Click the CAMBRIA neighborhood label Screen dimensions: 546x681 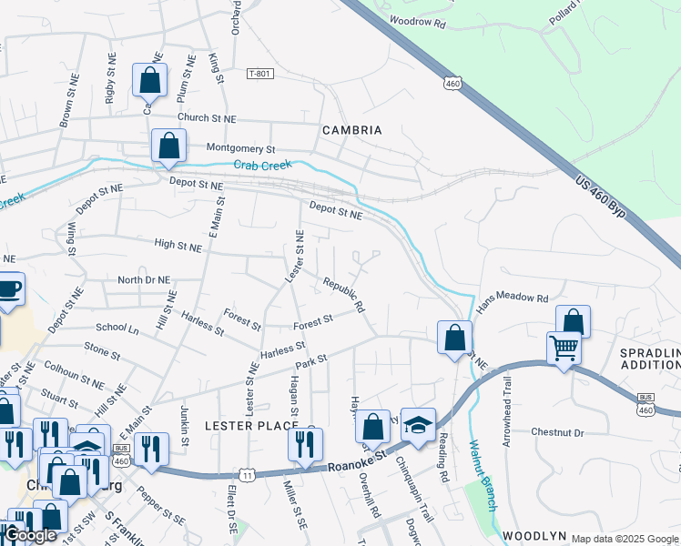click(352, 130)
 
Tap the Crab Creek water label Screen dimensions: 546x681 click(262, 165)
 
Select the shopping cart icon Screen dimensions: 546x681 click(564, 347)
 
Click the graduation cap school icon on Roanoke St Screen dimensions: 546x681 click(418, 426)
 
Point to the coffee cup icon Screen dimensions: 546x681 click(8, 290)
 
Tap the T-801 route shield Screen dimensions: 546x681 click(260, 74)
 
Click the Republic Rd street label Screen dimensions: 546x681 click(344, 295)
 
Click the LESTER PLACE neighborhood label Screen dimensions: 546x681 click(251, 425)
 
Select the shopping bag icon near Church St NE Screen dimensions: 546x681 click(149, 80)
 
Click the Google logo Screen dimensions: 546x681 click(30, 535)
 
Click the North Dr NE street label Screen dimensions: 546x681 click(144, 280)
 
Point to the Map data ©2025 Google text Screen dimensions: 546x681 click(625, 539)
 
